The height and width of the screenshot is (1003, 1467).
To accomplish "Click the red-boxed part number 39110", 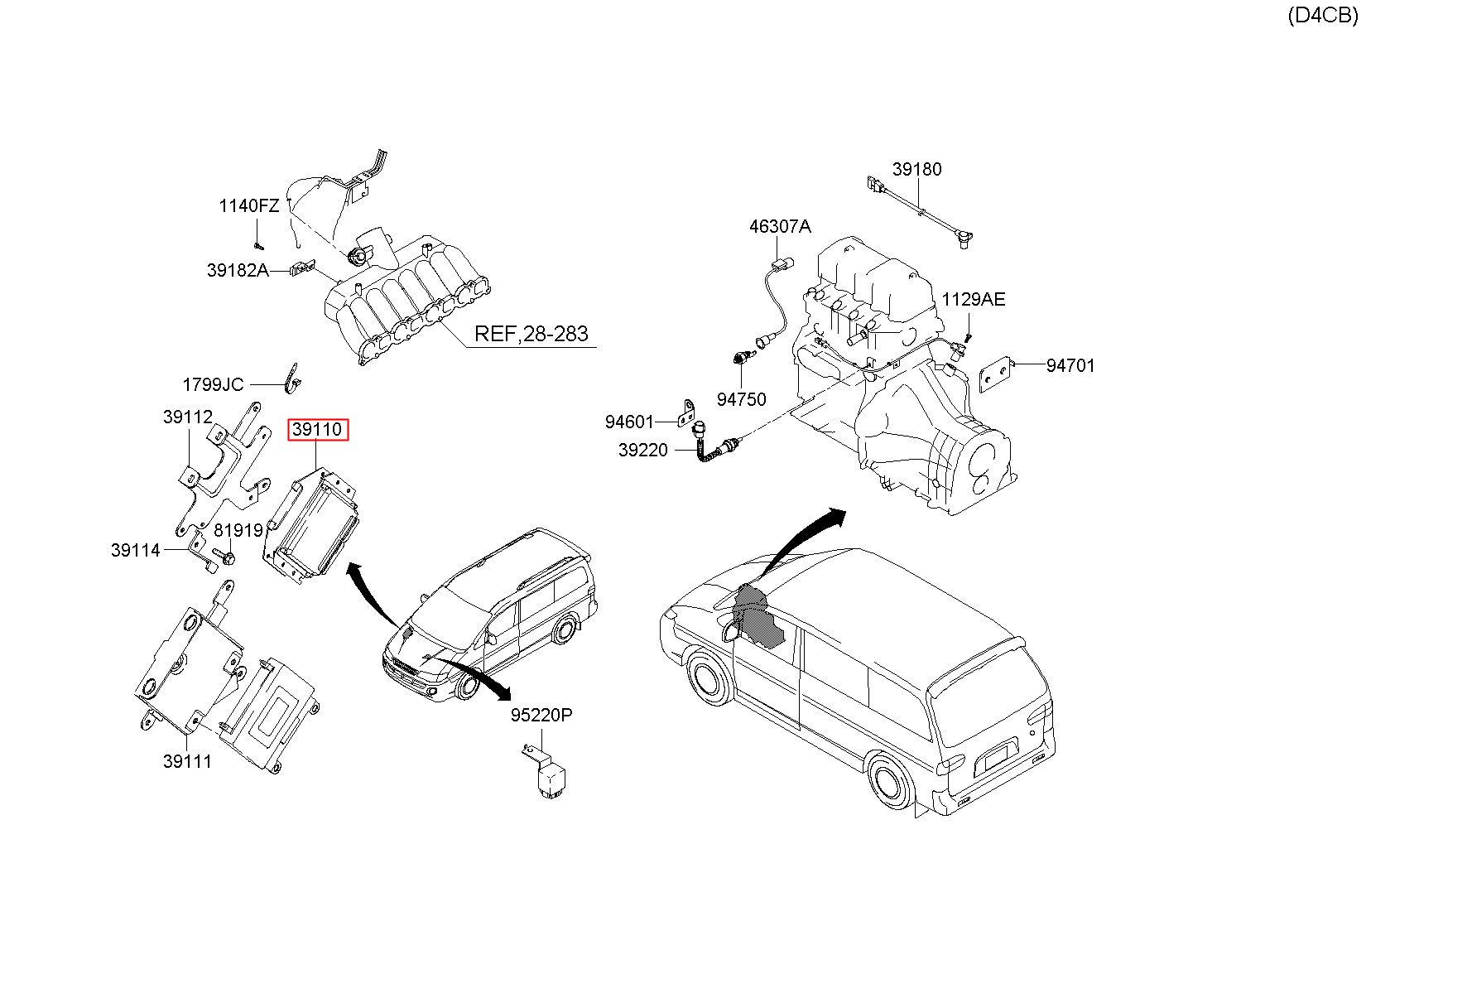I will (x=318, y=430).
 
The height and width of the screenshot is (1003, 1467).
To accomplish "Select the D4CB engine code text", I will (x=1322, y=16).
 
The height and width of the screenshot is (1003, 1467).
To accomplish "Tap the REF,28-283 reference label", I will (x=531, y=334).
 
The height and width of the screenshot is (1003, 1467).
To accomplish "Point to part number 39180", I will (x=916, y=169).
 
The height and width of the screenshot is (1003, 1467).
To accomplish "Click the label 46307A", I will (x=780, y=226).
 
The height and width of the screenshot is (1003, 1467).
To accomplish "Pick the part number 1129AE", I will (x=973, y=299).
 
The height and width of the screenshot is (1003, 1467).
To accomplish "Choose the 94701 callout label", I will (x=1070, y=365).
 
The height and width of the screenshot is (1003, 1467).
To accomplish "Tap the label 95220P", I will (x=541, y=715).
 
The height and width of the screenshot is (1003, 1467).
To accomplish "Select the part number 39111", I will (x=187, y=761).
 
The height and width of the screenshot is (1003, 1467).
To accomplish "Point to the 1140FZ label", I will (x=248, y=205).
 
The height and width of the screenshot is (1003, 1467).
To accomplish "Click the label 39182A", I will (x=238, y=270).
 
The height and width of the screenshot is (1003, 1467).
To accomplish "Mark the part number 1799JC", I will (x=213, y=384).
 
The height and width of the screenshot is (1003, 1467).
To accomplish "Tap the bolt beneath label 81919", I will (x=224, y=557).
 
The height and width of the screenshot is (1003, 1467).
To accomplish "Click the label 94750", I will (x=741, y=399).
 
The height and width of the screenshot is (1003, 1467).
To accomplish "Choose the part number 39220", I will (x=642, y=451).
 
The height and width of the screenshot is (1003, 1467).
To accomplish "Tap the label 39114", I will (x=135, y=550).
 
